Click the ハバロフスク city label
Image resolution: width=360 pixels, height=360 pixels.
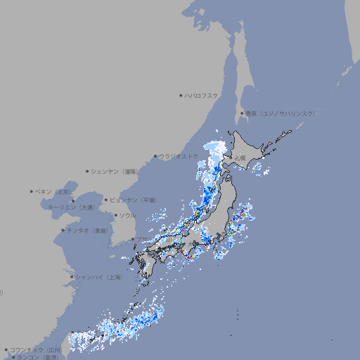[202, 95]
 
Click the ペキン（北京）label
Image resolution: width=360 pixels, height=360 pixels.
[53, 191]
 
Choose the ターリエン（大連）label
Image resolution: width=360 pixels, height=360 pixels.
[71, 207]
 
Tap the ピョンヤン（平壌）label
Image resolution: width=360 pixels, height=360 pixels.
[133, 200]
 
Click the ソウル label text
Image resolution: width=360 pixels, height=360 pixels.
[127, 215]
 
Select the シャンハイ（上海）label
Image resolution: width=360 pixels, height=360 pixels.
[98, 277]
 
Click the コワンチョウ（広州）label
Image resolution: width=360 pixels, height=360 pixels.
[36, 349]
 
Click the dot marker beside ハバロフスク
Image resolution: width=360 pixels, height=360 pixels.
[181, 95]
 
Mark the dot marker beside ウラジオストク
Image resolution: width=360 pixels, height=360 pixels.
[155, 157]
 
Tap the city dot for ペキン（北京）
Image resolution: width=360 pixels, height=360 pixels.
[32, 191]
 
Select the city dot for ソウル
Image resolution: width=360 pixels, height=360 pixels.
[115, 215]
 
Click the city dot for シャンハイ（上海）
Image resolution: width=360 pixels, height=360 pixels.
[72, 277]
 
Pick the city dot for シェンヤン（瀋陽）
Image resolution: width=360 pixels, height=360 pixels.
[88, 171]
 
